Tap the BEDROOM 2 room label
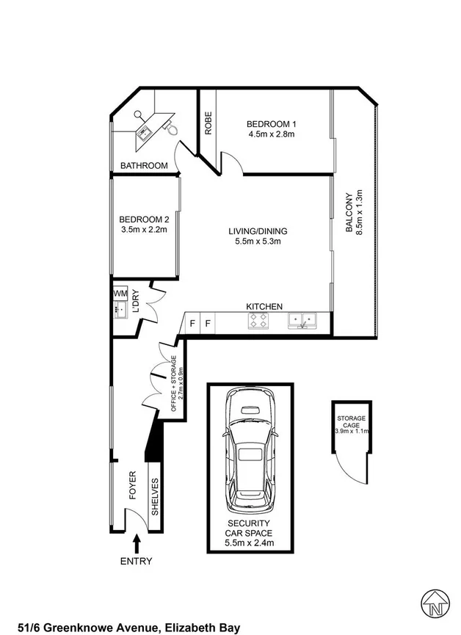tap(144, 219)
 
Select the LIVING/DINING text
tap(257, 231)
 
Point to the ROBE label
tap(208, 123)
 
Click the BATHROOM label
tap(145, 166)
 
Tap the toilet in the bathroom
tap(171, 128)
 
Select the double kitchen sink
tap(302, 319)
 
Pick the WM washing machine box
tap(120, 293)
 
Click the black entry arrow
tap(137, 543)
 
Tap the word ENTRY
tap(136, 562)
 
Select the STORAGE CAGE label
tap(352, 421)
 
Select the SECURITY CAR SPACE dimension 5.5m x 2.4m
tap(249, 543)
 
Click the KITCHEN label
tap(264, 306)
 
